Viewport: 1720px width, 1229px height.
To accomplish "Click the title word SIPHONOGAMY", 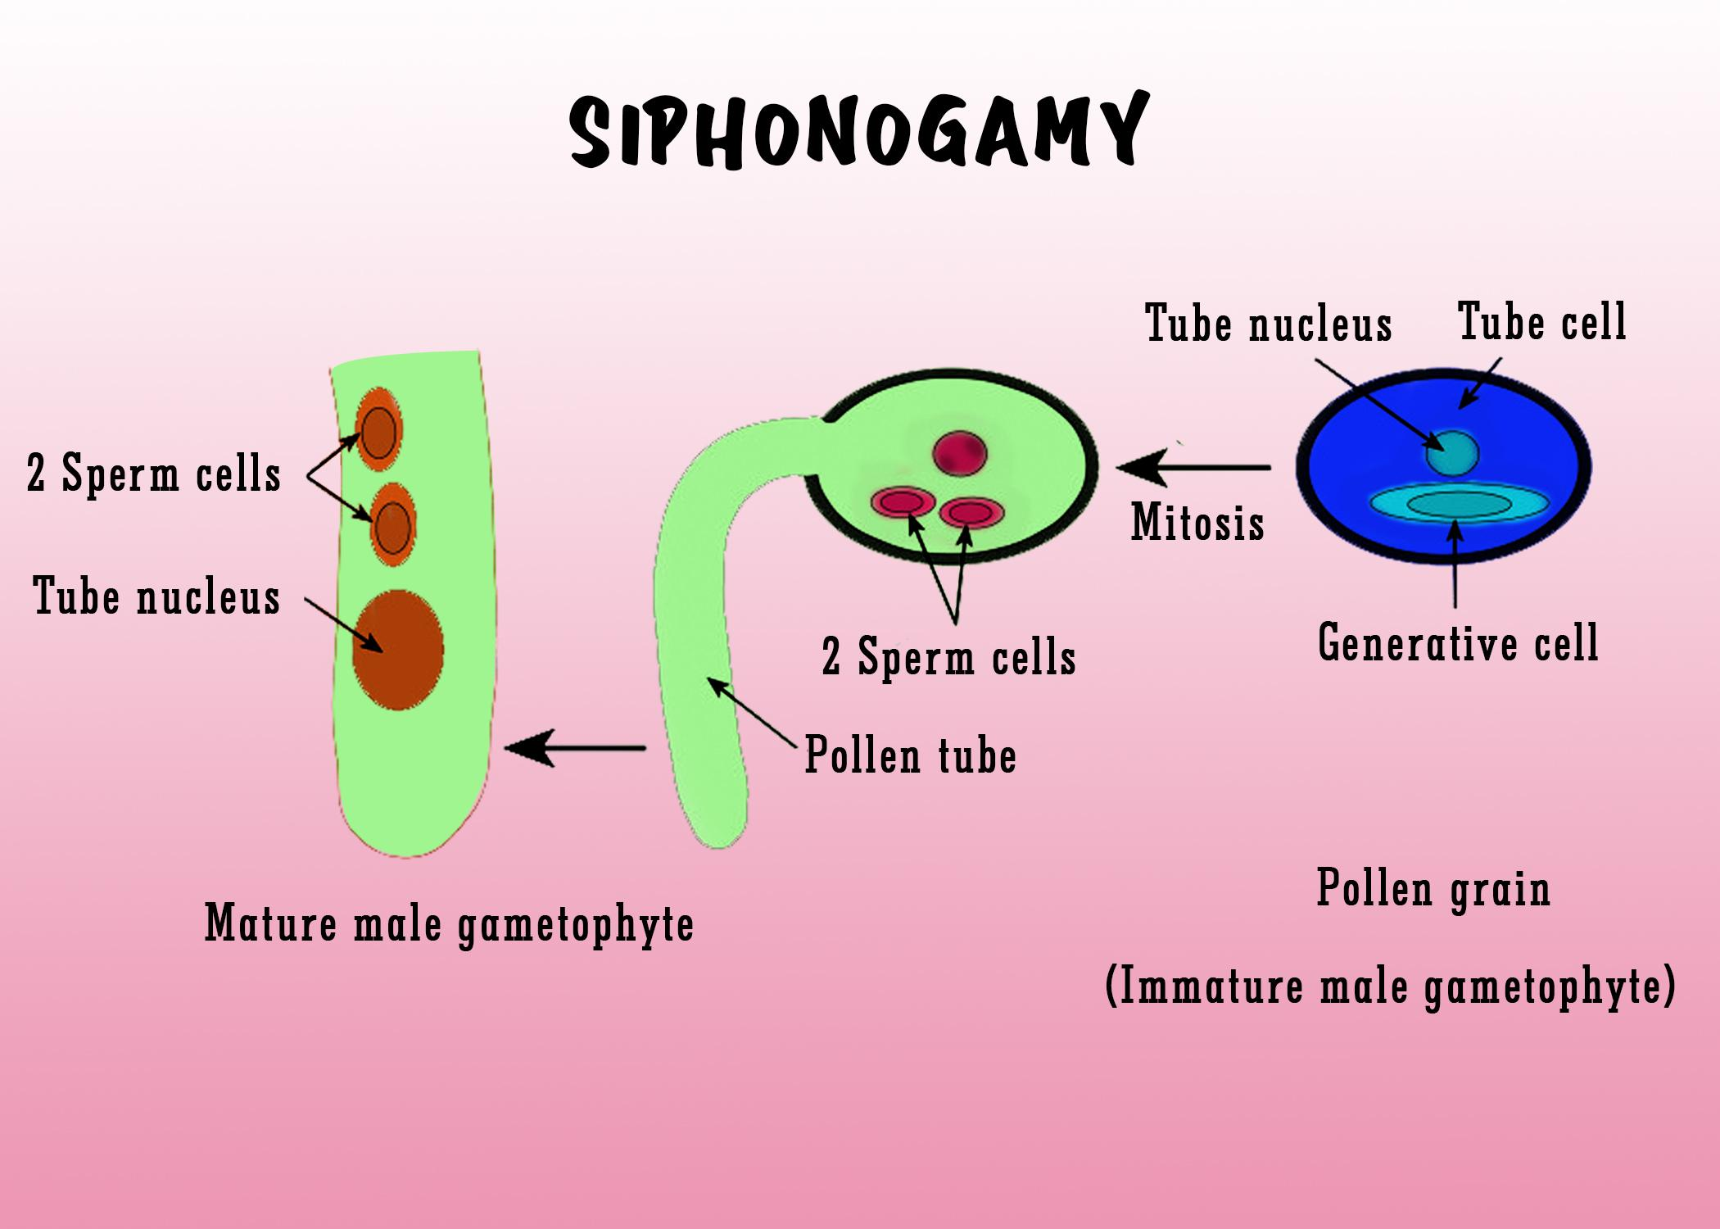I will click(858, 131).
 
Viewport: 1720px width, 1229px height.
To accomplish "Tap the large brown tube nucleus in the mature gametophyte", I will click(398, 650).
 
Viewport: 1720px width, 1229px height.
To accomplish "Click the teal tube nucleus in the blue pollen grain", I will click(1452, 453).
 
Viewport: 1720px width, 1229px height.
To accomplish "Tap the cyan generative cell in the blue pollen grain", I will click(1460, 505).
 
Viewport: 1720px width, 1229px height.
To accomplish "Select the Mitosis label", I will click(1197, 522).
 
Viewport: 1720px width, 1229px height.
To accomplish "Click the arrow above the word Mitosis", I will click(1193, 468).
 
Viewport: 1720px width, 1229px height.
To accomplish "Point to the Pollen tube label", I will click(911, 755).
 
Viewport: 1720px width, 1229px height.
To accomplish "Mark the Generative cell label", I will click(1458, 642).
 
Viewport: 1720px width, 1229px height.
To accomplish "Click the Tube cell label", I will click(1542, 322).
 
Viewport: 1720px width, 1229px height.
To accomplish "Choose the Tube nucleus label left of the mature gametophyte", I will click(156, 596).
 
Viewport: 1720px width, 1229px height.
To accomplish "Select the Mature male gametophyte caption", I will click(449, 924).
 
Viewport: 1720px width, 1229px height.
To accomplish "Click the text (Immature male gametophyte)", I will click(1390, 986).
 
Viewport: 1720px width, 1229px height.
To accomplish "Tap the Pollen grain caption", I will click(1433, 889).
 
